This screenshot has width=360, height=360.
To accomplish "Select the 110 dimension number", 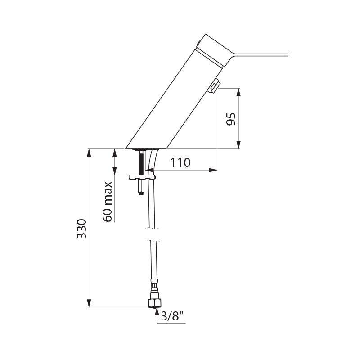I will coord(180,162).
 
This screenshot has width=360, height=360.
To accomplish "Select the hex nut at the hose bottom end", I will coord(154,302).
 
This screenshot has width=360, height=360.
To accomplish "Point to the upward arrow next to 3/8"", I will coord(156,310).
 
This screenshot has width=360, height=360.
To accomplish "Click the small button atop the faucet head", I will coord(197,42).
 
